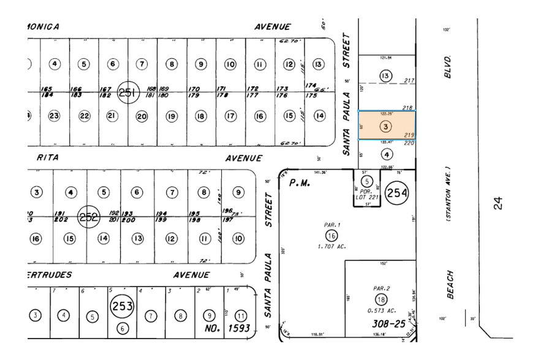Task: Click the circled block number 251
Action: click(x=127, y=92)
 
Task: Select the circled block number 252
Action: click(x=89, y=216)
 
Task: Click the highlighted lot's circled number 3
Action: click(x=385, y=127)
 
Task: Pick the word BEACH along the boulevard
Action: click(x=450, y=285)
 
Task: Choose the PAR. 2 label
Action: click(x=380, y=288)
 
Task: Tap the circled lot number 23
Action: click(x=54, y=116)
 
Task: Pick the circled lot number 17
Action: click(x=230, y=116)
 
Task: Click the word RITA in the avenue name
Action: click(x=48, y=158)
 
